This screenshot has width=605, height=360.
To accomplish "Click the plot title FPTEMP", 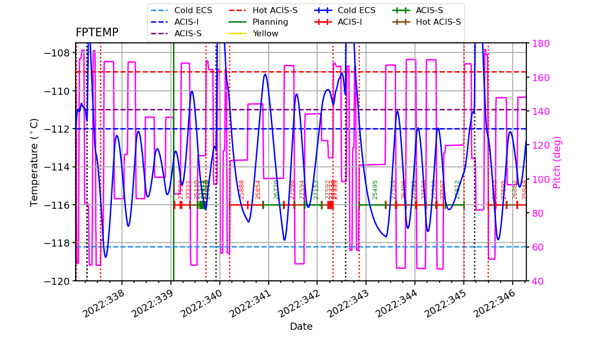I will point(97,33).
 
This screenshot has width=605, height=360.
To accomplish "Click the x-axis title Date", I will point(301,327).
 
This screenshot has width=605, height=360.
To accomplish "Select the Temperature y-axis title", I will point(34,162).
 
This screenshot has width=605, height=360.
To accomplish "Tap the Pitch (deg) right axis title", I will point(557,162).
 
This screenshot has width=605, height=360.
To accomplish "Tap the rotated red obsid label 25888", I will point(242,189).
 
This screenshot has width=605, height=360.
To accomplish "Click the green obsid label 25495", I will point(375,189).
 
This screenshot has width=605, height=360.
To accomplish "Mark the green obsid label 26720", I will point(276,189).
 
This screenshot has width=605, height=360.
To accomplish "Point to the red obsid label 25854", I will point(258,189).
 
